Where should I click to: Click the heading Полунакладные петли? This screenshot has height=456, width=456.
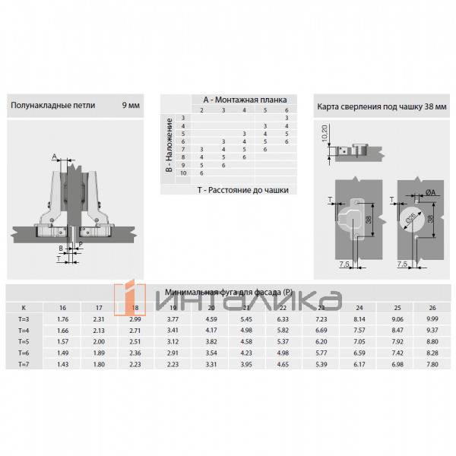53,105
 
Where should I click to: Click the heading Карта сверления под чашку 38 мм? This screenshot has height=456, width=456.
378,105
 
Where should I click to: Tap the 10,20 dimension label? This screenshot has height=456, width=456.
325,135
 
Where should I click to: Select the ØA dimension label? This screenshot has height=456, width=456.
430,193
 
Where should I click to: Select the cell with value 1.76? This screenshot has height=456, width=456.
64,318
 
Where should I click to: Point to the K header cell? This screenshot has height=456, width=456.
23,307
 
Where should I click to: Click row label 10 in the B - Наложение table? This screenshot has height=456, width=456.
183,174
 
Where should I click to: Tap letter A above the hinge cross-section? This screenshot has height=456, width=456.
55,157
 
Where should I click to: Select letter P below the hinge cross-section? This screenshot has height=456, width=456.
80,245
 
